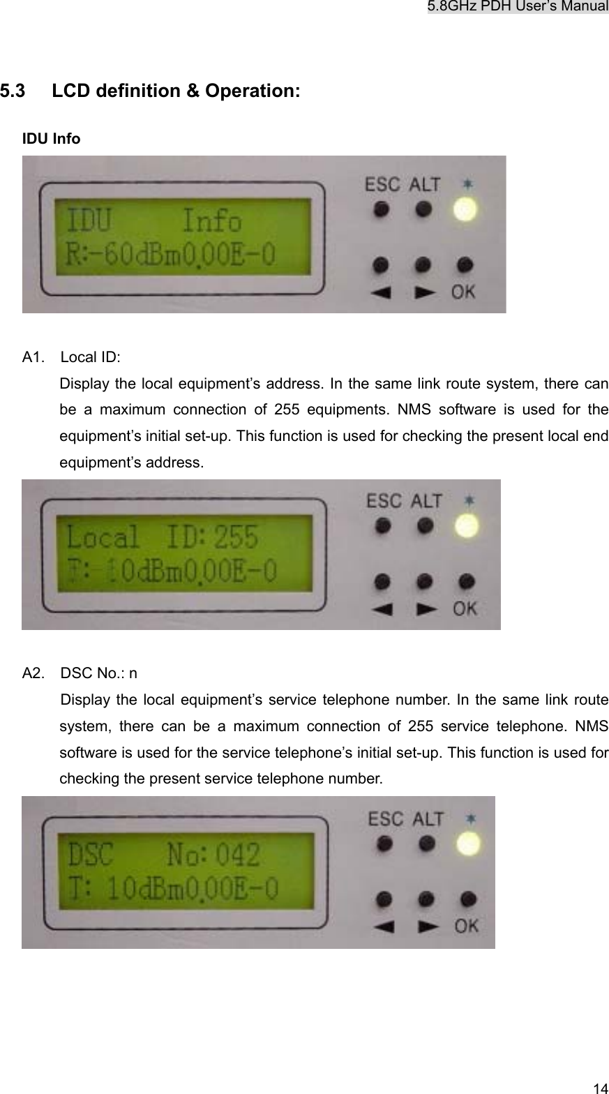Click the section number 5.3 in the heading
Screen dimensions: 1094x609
[x=12, y=91]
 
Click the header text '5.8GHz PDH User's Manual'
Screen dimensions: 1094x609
[x=518, y=7]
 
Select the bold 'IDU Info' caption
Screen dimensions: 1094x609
[x=51, y=139]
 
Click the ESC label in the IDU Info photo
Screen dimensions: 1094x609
[x=382, y=185]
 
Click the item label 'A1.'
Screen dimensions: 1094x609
[x=32, y=358]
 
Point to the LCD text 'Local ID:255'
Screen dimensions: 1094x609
[x=162, y=538]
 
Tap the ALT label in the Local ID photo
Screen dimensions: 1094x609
[x=425, y=500]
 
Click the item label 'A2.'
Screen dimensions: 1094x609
[x=33, y=673]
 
